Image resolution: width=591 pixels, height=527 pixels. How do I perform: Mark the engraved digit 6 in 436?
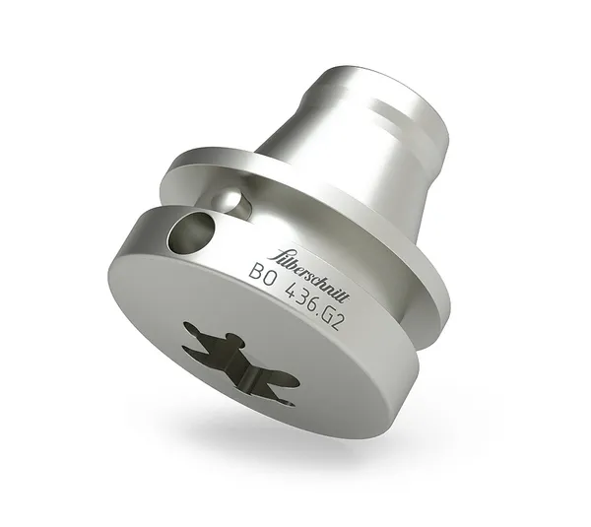coord(310,301)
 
